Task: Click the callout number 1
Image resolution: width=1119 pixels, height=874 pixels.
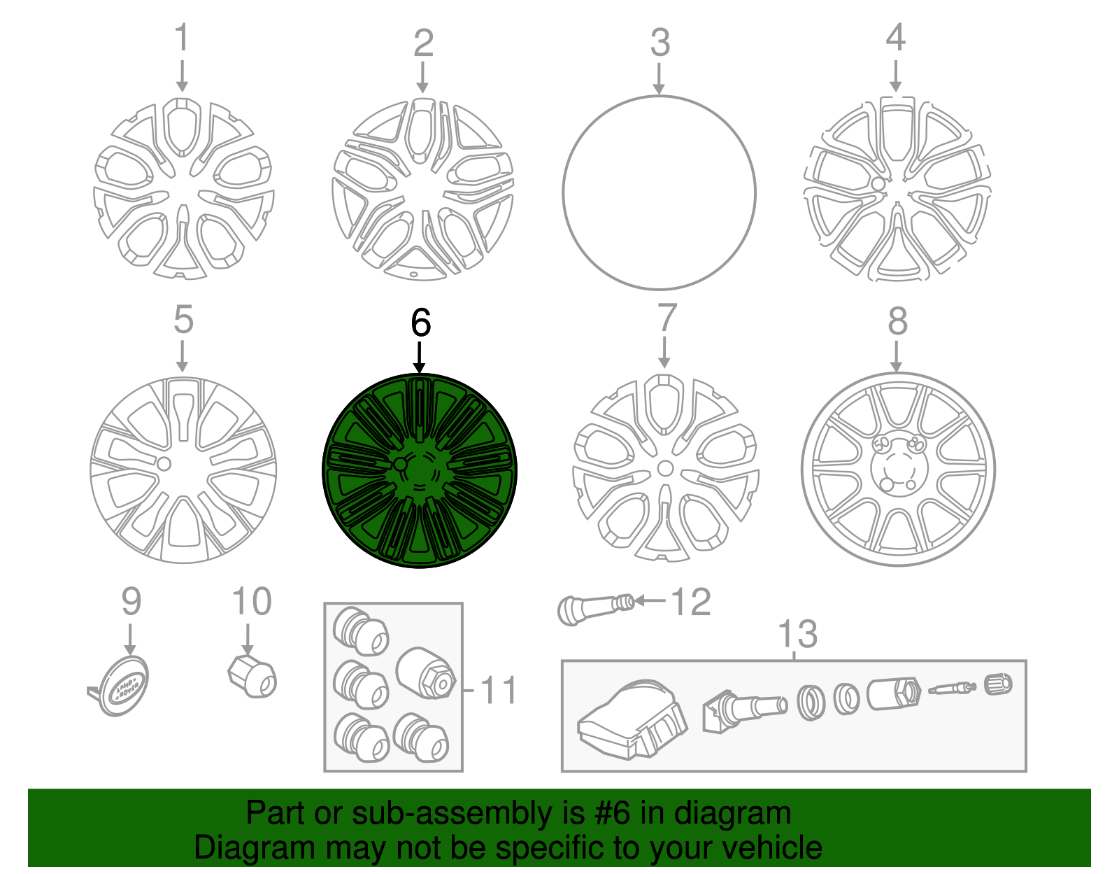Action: click(181, 38)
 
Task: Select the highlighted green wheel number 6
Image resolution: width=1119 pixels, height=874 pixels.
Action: click(419, 470)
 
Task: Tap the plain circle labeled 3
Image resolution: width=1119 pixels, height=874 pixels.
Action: click(659, 192)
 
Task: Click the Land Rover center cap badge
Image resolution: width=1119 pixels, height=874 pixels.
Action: click(124, 685)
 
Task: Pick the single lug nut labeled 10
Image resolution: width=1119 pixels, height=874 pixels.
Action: click(253, 676)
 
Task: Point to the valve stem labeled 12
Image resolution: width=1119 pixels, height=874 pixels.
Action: click(595, 607)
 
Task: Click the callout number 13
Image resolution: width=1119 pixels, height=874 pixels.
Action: click(797, 634)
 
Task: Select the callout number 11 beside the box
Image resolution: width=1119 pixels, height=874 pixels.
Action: click(498, 690)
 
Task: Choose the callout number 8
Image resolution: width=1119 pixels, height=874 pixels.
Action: click(897, 322)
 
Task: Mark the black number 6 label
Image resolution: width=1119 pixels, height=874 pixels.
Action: click(420, 323)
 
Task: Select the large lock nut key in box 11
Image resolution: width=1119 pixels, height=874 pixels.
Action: click(426, 672)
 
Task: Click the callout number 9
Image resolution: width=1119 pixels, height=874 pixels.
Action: click(131, 602)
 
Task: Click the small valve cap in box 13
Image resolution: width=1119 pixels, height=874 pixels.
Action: click(998, 684)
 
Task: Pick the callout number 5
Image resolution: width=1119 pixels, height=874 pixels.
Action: click(183, 320)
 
